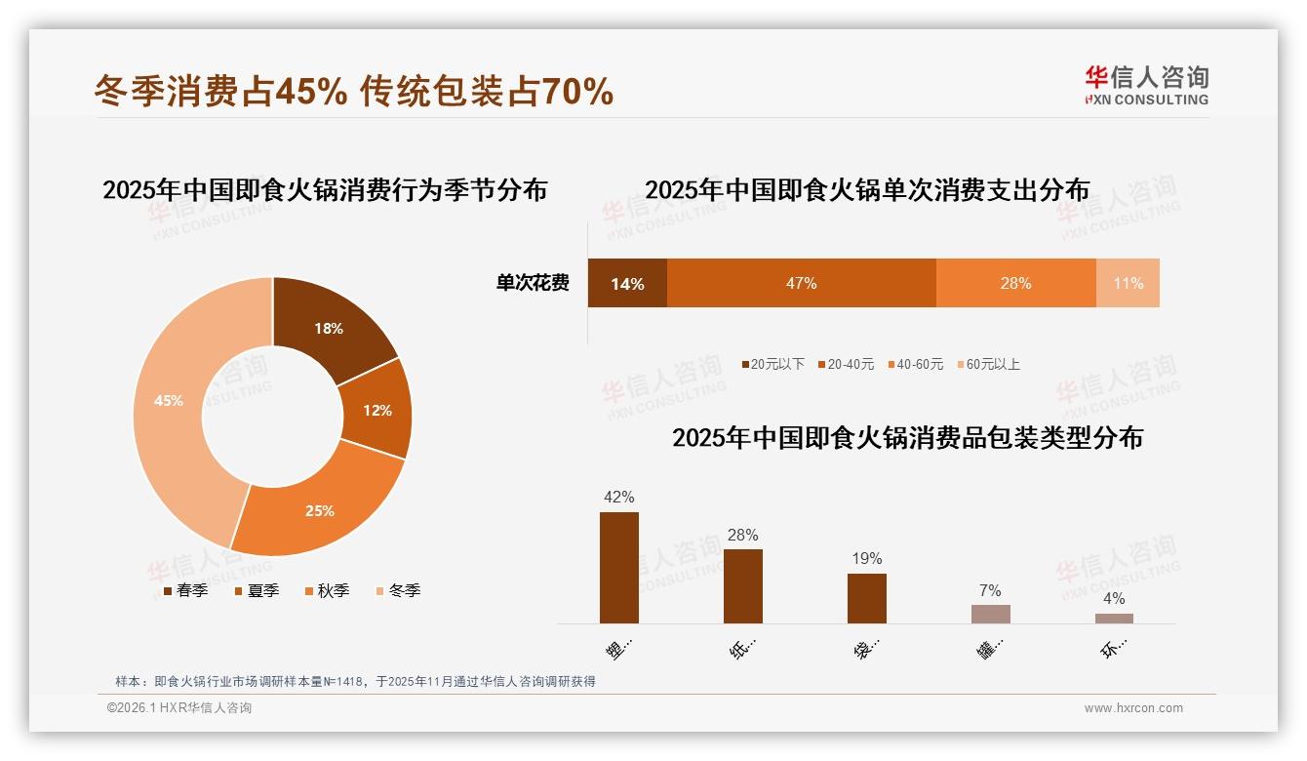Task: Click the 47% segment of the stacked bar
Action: point(801,283)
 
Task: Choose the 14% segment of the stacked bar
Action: point(627,283)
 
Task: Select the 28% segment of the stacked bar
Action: point(1015,283)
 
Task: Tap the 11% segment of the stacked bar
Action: point(1128,283)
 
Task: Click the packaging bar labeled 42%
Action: point(619,567)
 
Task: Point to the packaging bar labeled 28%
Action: point(743,585)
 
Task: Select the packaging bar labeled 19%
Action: point(867,597)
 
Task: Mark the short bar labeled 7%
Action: point(991,614)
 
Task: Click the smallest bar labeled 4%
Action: point(1114,618)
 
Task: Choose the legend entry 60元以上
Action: point(991,364)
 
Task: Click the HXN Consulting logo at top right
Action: point(1145,85)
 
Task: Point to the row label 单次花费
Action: point(533,283)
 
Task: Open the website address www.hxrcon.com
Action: point(1133,708)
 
